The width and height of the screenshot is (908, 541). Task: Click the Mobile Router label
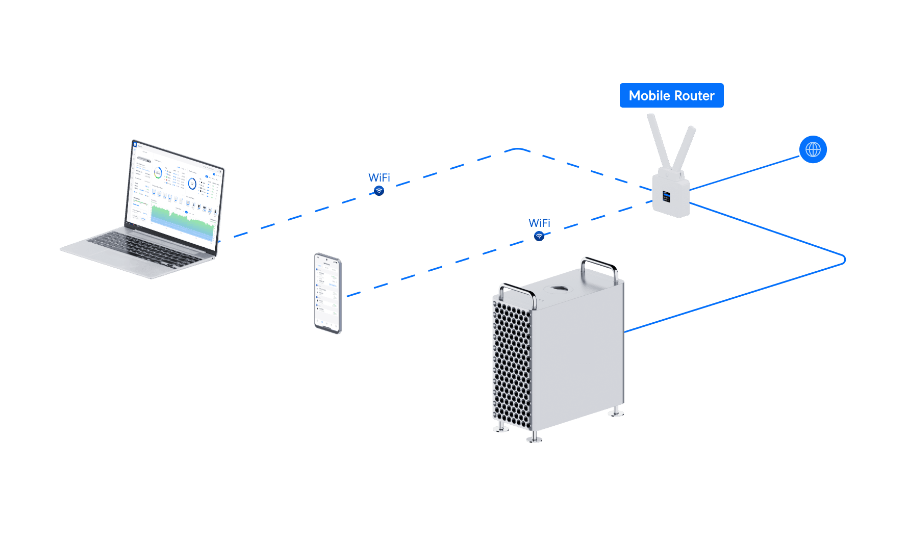[671, 96]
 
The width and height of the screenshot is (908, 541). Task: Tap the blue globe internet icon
[813, 149]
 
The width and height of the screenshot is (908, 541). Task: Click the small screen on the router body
[666, 196]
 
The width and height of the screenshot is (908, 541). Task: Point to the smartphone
[327, 293]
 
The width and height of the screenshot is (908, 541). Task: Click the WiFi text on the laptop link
[379, 177]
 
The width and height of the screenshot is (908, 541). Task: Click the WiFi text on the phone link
[539, 223]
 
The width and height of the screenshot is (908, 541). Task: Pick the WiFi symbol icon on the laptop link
[379, 191]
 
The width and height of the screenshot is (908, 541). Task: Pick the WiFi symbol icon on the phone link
[539, 237]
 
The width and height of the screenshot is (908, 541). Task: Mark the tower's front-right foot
[534, 437]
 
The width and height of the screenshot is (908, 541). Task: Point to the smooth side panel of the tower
[579, 357]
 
